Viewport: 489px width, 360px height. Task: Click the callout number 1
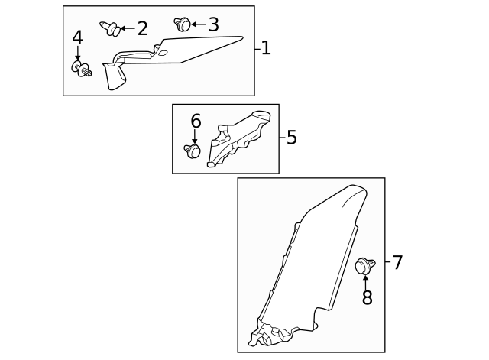click(x=265, y=48)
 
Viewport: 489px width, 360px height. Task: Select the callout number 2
click(x=142, y=29)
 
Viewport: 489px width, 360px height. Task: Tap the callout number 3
click(x=213, y=25)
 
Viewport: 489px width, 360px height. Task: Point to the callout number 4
click(x=77, y=38)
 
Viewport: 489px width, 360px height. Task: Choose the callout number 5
click(x=291, y=138)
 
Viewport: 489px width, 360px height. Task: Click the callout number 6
click(x=196, y=121)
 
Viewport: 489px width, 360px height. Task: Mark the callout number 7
click(x=397, y=263)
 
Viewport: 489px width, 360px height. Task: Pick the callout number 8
click(x=367, y=298)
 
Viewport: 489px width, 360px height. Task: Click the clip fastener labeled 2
click(x=111, y=29)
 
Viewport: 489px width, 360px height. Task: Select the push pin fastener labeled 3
click(x=182, y=24)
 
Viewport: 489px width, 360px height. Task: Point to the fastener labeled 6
click(x=193, y=151)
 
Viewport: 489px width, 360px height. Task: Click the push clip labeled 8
click(x=364, y=266)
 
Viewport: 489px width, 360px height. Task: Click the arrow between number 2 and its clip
click(x=128, y=28)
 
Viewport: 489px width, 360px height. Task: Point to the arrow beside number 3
click(x=198, y=24)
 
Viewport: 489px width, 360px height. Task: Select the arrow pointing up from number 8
click(x=366, y=281)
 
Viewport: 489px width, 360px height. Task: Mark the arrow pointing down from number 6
click(x=195, y=136)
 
